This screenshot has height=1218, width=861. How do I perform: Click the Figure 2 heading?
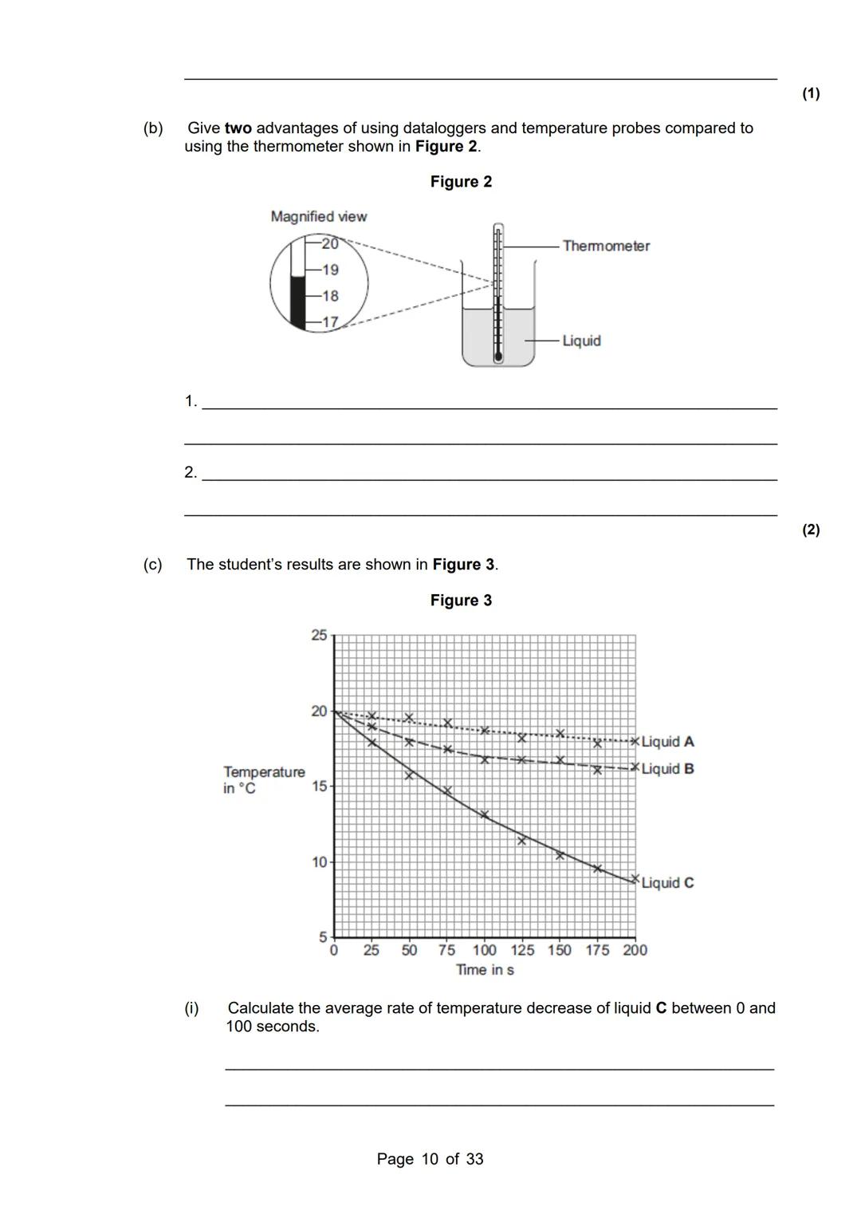461,182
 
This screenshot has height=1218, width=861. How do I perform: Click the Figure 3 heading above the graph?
461,601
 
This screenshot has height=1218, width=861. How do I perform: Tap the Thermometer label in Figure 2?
606,246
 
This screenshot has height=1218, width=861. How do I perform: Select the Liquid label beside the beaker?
581,341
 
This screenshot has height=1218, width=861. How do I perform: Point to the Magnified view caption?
318,216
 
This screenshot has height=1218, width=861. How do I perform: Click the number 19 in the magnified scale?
330,270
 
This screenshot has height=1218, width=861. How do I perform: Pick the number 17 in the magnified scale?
330,322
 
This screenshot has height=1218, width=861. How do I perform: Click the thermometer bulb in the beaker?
498,357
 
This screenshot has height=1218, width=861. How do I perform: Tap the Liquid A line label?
667,742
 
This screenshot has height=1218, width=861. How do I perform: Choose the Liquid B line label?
667,769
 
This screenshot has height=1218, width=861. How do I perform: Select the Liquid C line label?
667,883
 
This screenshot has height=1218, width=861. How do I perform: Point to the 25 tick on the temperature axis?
319,636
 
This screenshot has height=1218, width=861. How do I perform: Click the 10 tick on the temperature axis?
319,862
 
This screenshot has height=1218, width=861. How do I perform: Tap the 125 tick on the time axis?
522,950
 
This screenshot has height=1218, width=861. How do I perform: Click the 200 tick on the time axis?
635,950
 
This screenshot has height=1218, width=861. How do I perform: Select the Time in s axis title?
485,970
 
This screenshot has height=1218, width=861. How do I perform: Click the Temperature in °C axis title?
263,780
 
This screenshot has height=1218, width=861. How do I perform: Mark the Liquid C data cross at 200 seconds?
635,879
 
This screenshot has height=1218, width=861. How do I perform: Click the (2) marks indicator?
811,530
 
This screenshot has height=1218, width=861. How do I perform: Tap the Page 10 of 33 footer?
430,1159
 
